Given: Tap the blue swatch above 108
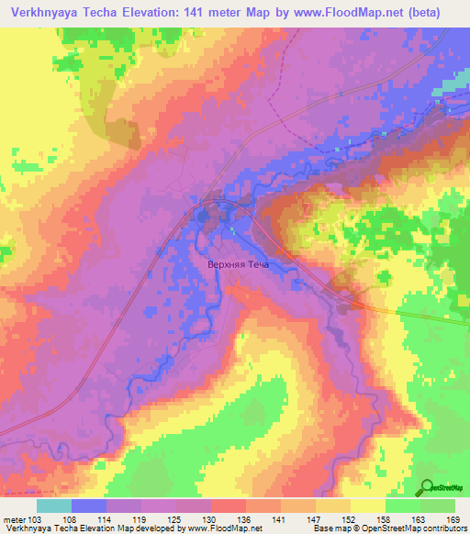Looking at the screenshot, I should point(89,506).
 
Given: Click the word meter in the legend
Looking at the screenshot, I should point(14,519).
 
